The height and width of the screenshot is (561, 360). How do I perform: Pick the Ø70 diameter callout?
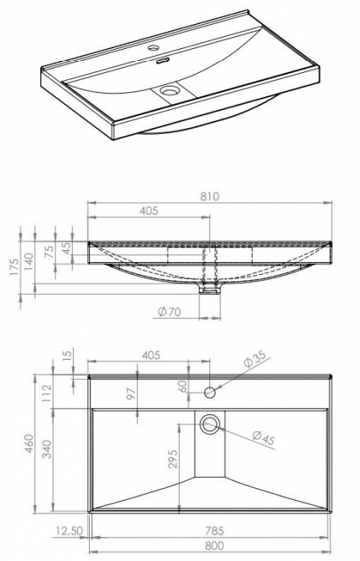pyautogui.click(x=168, y=312)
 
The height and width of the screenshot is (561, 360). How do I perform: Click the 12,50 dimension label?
pyautogui.click(x=70, y=531)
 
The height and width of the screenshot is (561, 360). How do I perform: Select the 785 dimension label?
pyautogui.click(x=212, y=530)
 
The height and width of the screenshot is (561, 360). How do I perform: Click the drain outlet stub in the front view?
pyautogui.click(x=211, y=287)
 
